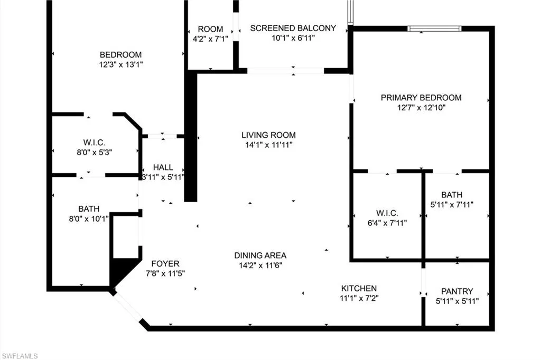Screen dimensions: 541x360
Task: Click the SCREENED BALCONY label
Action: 293,29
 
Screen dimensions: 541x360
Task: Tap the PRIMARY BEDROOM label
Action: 421,98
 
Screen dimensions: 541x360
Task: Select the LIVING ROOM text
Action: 268,135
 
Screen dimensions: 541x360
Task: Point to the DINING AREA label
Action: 260,255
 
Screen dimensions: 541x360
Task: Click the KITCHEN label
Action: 359,288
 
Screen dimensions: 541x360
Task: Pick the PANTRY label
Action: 457,291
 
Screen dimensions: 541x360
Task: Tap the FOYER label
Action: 165,264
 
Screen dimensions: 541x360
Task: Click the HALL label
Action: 163,167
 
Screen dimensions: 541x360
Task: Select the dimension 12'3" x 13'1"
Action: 121,64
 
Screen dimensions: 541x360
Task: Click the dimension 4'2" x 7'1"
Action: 210,39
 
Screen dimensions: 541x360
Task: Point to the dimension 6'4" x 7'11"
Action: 387,223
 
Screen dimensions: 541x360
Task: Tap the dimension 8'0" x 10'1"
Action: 89,219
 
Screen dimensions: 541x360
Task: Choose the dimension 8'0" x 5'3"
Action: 94,152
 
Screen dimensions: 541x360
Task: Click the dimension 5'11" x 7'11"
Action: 452,204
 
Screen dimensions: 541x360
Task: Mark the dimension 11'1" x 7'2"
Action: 359,298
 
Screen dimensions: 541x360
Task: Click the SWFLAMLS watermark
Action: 20,356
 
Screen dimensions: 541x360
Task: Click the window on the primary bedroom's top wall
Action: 434,29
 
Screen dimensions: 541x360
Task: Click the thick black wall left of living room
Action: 190,136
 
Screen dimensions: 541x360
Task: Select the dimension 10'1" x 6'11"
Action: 293,38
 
